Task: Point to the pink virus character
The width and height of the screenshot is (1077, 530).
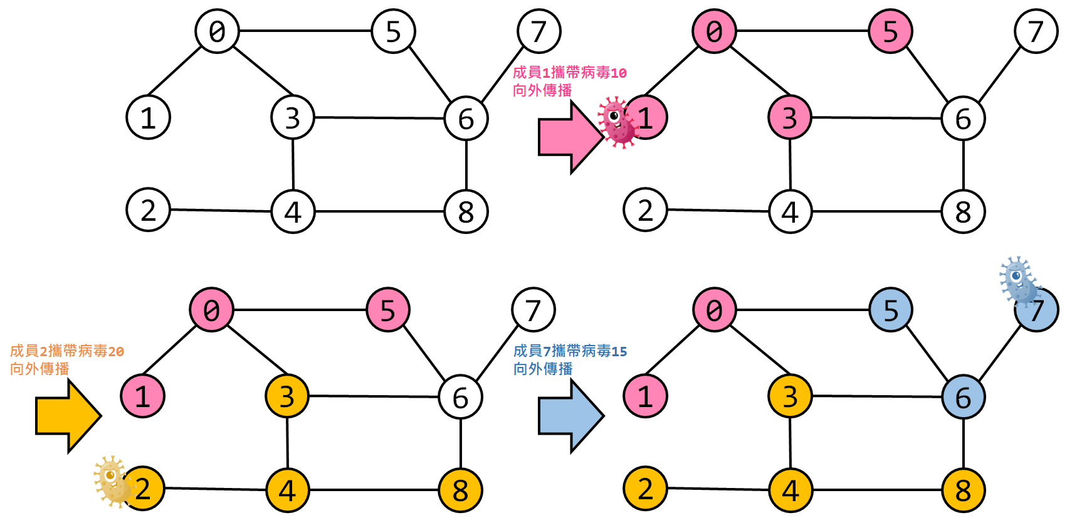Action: click(617, 122)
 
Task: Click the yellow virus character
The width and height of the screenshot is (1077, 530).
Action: click(112, 480)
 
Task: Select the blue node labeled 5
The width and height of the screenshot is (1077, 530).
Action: click(891, 310)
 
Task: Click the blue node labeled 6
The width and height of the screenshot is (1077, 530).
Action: click(964, 397)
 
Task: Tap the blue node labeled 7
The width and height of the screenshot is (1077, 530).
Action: click(1038, 310)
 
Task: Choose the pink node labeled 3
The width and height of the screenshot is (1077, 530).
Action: click(790, 117)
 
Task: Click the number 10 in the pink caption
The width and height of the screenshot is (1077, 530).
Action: click(619, 73)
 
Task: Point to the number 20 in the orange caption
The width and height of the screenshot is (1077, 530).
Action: click(116, 351)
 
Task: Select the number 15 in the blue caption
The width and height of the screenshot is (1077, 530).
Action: click(619, 351)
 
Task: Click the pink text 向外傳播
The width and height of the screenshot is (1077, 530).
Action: click(542, 90)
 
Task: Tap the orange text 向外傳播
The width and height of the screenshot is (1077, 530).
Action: click(39, 369)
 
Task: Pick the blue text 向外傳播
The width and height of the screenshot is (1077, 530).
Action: click(543, 369)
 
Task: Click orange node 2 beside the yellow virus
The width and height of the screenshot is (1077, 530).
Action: click(144, 489)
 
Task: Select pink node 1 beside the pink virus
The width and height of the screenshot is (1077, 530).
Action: click(646, 117)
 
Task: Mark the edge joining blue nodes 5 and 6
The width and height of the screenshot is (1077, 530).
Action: click(927, 354)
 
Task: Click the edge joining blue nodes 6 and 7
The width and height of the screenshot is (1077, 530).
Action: click(1001, 354)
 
